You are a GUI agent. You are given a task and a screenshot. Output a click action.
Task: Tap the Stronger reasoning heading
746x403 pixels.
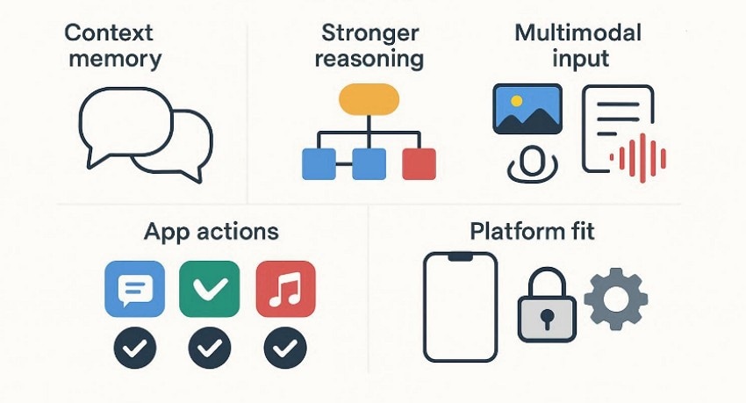(x=369, y=47)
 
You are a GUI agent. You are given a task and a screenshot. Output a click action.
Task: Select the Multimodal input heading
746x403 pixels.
(x=577, y=47)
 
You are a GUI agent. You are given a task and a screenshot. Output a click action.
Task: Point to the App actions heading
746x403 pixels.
(x=211, y=232)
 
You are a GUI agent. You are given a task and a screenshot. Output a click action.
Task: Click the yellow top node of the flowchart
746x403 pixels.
(x=369, y=100)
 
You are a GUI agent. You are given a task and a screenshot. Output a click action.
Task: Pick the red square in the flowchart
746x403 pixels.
(x=418, y=163)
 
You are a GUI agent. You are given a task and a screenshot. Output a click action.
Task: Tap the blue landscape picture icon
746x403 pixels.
(x=527, y=109)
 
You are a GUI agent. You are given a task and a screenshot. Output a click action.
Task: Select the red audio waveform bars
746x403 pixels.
(x=639, y=157)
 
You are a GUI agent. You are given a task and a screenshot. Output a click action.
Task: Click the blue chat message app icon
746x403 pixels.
(x=134, y=288)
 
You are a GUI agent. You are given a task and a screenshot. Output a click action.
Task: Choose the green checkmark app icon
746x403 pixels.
(x=210, y=288)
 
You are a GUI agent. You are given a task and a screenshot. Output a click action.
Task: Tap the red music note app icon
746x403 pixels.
(x=285, y=288)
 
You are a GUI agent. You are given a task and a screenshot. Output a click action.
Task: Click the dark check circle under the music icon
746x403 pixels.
(x=285, y=349)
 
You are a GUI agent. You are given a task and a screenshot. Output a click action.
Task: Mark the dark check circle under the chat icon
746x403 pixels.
(x=134, y=349)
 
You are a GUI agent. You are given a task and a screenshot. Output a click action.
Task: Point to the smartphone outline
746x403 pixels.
(x=460, y=306)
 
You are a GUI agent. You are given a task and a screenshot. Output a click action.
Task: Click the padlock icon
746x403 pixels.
(x=547, y=305)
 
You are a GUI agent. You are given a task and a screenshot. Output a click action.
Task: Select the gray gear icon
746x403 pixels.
(x=616, y=299)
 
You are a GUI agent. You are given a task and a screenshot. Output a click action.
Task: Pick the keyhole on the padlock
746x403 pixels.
(x=547, y=317)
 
